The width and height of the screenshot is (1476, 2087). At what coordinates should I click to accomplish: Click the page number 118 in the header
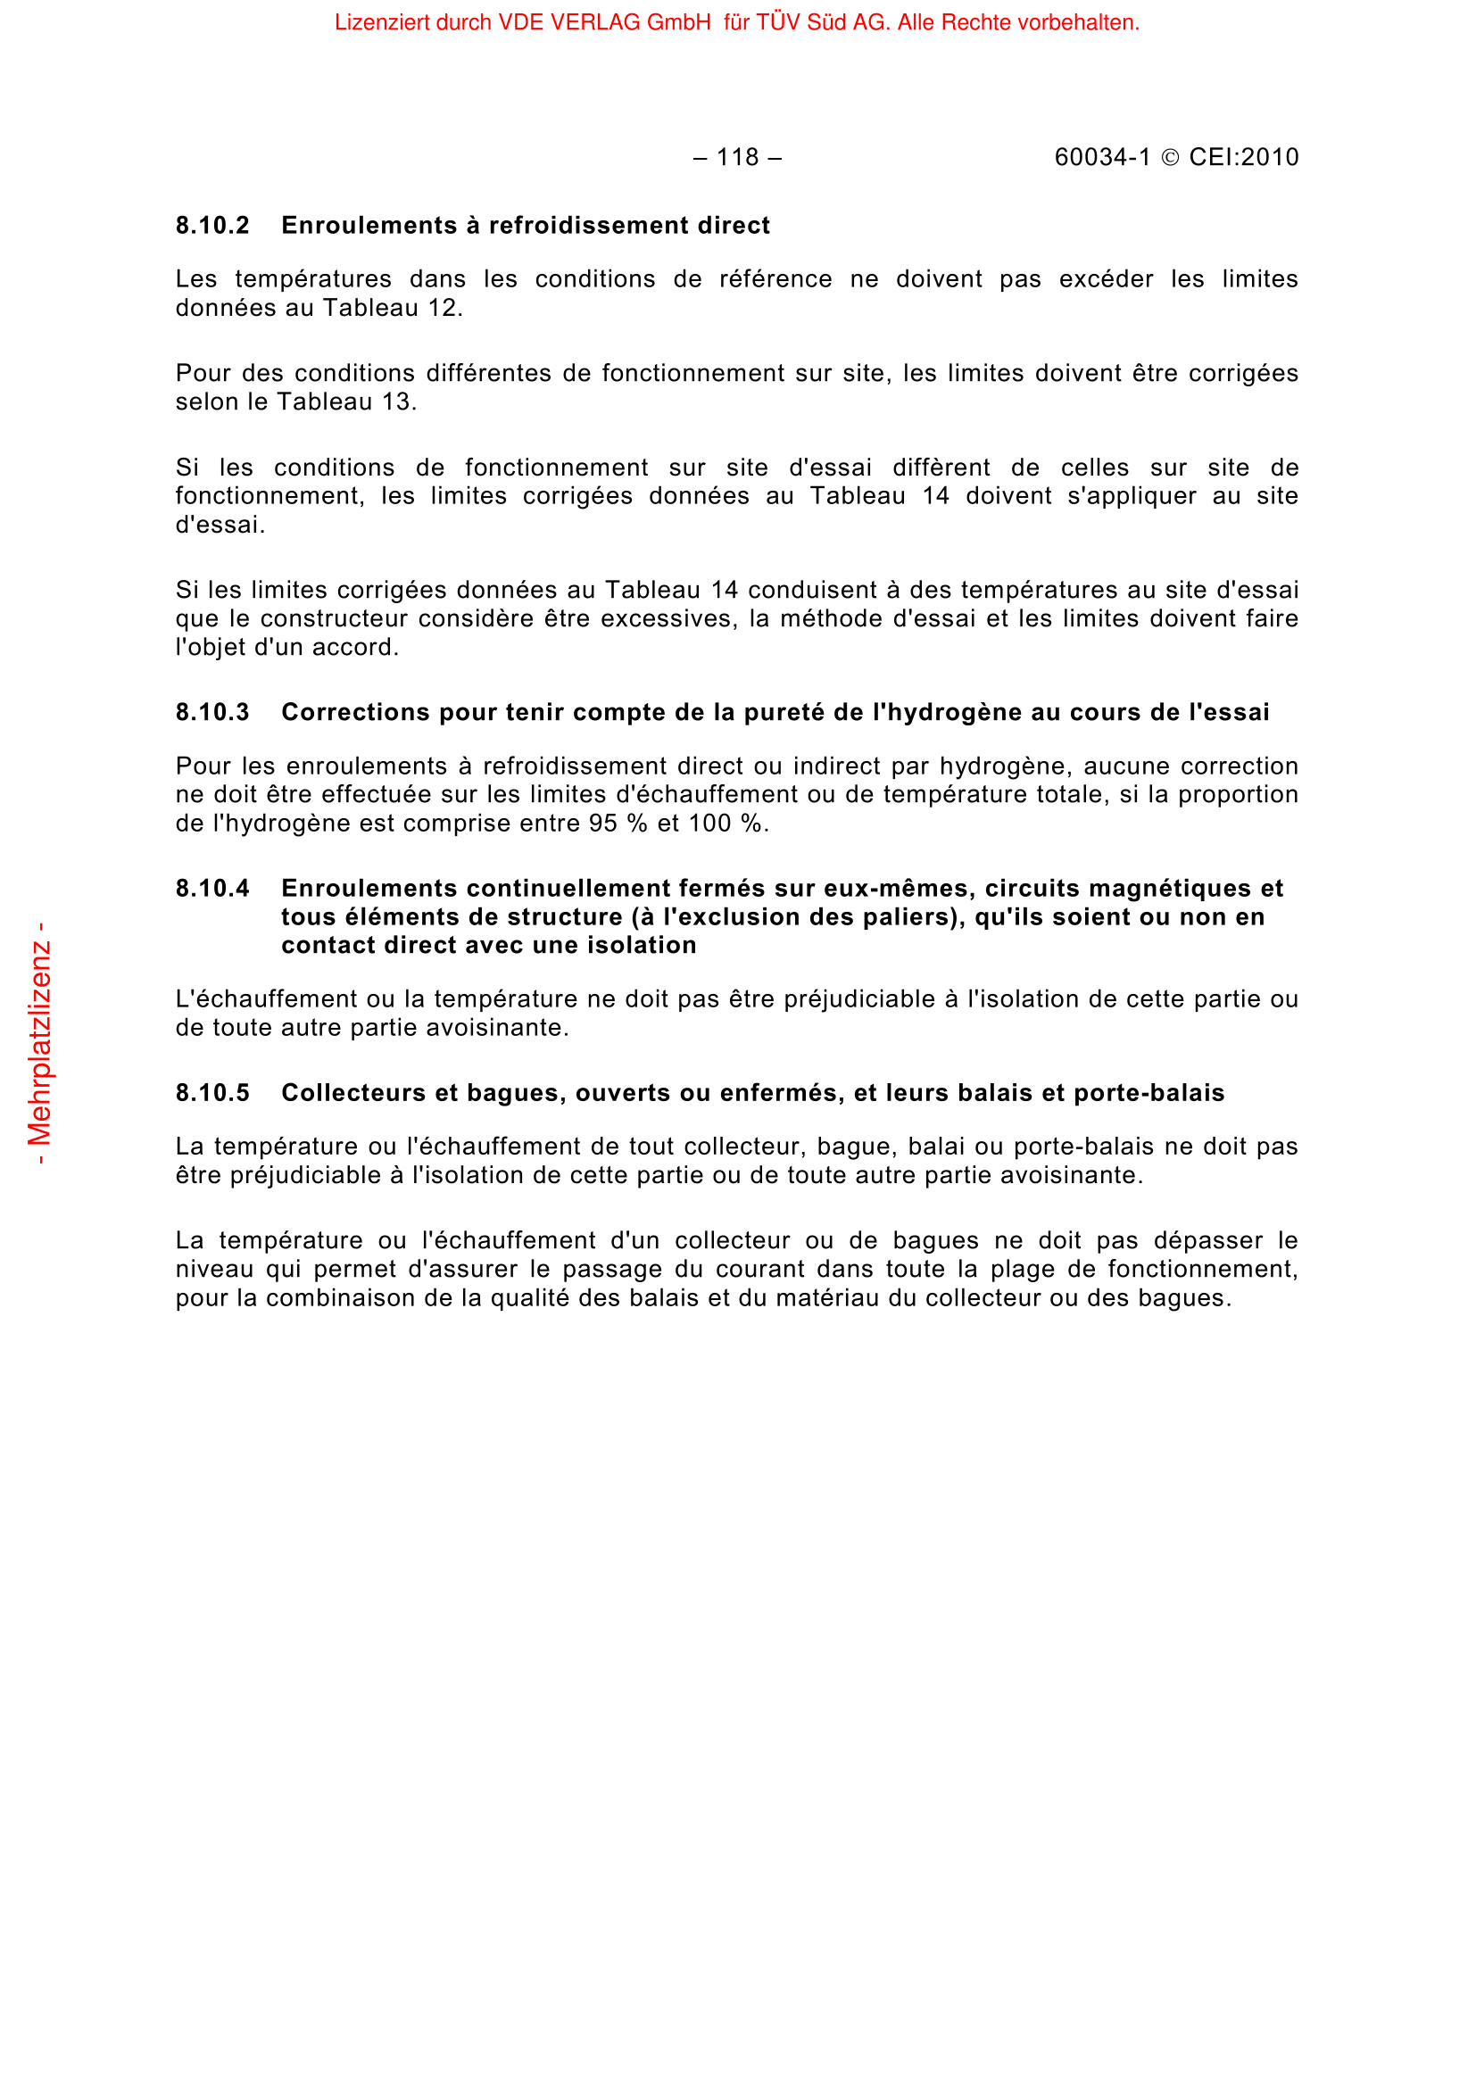[737, 157]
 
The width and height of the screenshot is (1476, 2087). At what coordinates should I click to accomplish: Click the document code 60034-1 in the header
[1101, 157]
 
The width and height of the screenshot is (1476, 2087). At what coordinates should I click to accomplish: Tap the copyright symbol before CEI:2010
[1171, 158]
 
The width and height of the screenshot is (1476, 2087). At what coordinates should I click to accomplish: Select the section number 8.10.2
[212, 226]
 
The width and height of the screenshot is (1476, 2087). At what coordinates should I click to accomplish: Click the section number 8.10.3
[212, 712]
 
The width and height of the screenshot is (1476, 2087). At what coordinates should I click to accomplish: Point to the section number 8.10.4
[212, 888]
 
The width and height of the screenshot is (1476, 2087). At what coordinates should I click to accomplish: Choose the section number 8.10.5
[212, 1093]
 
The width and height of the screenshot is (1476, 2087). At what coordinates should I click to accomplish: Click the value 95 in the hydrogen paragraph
[603, 824]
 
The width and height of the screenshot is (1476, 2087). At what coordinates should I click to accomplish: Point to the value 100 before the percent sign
[709, 824]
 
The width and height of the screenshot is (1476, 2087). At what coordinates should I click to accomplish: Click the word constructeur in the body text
[331, 619]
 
